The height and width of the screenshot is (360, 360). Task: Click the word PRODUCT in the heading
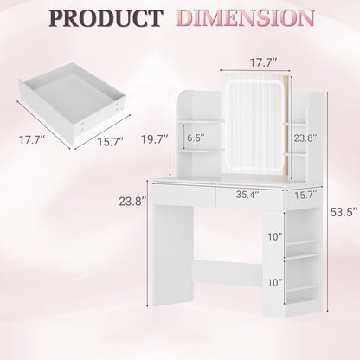pyautogui.click(x=106, y=18)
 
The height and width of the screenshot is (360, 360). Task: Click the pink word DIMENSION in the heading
pyautogui.click(x=245, y=18)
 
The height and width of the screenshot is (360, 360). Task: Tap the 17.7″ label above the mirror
pyautogui.click(x=263, y=62)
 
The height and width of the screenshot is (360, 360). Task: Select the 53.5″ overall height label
pyautogui.click(x=344, y=212)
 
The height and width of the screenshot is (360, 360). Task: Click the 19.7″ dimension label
pyautogui.click(x=155, y=139)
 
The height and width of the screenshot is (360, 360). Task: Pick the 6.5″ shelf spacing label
pyautogui.click(x=196, y=138)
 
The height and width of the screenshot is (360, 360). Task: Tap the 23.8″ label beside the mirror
pyautogui.click(x=305, y=138)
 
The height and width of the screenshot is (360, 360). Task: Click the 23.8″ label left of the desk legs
pyautogui.click(x=133, y=201)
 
